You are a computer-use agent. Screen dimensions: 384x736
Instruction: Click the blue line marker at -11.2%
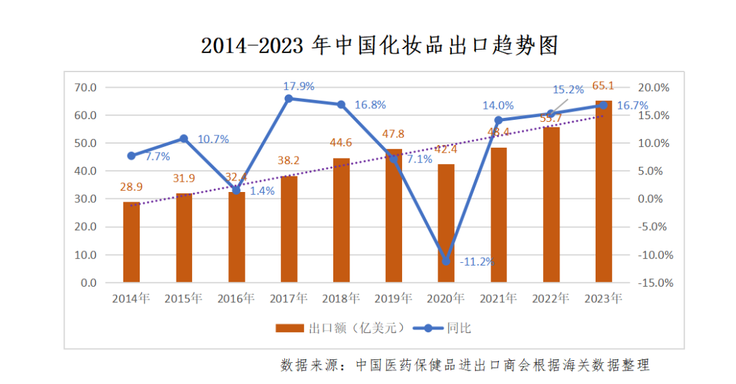(x=446, y=261)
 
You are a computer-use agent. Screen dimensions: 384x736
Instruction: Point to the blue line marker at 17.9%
(x=288, y=99)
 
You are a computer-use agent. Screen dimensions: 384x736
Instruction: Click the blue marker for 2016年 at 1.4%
(x=236, y=191)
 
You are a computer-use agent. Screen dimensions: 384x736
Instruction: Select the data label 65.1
(x=603, y=86)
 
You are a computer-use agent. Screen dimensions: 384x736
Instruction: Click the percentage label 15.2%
(x=568, y=89)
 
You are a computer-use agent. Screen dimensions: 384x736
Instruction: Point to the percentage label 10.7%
(x=213, y=139)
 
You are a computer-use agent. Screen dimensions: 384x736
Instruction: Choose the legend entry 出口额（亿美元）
(x=341, y=328)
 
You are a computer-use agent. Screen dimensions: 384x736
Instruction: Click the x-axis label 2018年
(x=341, y=298)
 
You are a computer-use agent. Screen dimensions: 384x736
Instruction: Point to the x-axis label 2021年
(x=498, y=298)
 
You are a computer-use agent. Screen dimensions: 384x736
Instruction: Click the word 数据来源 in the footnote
(x=306, y=365)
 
